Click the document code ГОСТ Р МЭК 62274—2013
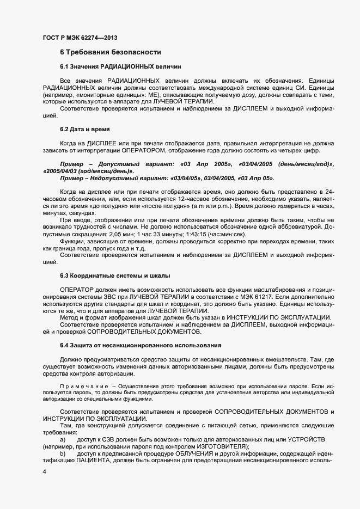click(x=80, y=38)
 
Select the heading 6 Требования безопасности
click(x=111, y=52)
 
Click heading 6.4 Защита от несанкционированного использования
click(x=140, y=346)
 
